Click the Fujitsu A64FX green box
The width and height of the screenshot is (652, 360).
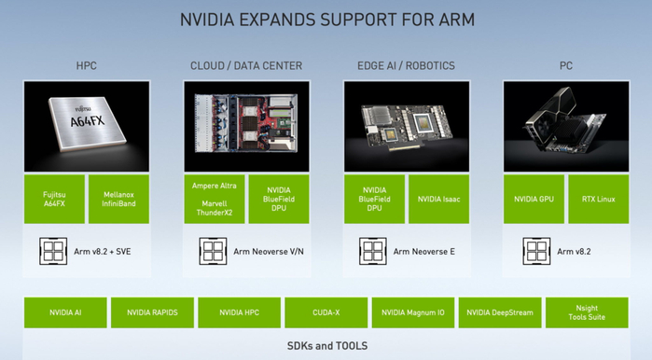54,200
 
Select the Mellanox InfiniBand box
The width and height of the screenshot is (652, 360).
118,200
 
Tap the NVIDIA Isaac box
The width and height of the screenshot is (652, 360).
438,200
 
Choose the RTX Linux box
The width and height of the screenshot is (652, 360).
598,200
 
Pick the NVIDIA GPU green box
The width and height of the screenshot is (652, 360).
534,200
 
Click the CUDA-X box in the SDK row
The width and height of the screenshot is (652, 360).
326,312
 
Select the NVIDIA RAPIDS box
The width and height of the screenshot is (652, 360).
152,312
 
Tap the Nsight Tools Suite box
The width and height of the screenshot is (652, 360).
587,312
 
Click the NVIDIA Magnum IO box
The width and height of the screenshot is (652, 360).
413,312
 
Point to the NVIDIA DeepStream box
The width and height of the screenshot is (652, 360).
500,312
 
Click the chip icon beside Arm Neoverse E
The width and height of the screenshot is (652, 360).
373,251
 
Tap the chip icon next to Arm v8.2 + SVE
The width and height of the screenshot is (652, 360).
53,251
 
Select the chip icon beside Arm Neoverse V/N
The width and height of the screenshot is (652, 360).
213,251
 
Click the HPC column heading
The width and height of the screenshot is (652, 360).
87,65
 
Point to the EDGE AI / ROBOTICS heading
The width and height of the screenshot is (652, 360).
407,65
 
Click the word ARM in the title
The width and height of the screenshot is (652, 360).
456,20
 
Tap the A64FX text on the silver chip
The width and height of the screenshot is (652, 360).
88,121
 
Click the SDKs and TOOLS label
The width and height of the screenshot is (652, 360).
327,346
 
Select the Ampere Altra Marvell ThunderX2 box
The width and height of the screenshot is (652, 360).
215,200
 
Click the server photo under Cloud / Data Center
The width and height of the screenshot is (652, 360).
246,127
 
